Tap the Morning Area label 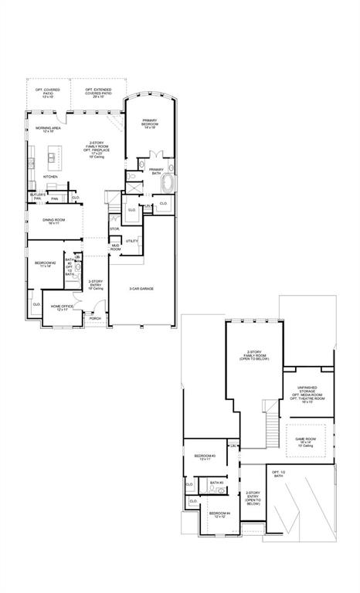coord(48,129)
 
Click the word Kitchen coord(50,177)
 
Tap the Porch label coord(95,318)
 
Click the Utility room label coord(131,241)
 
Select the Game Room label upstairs coord(306,441)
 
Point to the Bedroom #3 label coord(205,456)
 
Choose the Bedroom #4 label coord(219,514)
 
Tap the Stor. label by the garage coord(114,229)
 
